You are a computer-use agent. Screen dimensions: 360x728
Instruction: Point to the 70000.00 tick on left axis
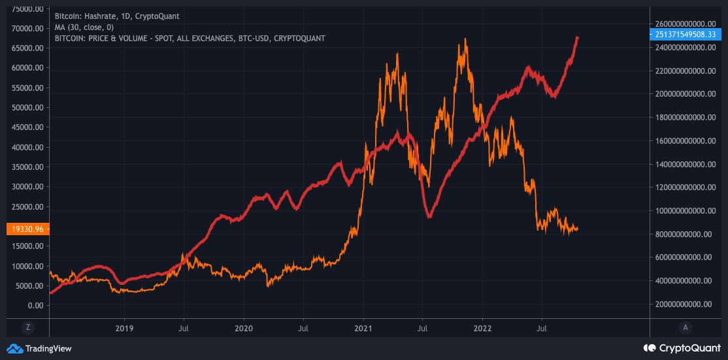click(x=25, y=29)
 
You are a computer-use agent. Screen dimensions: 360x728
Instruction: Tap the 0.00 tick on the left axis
click(x=34, y=306)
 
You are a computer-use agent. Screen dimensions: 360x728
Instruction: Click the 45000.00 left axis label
click(x=25, y=127)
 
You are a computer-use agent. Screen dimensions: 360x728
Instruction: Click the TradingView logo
click(x=39, y=348)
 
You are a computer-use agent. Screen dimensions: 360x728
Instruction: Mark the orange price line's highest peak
click(x=465, y=39)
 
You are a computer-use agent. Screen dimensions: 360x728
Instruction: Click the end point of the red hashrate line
click(x=578, y=38)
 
